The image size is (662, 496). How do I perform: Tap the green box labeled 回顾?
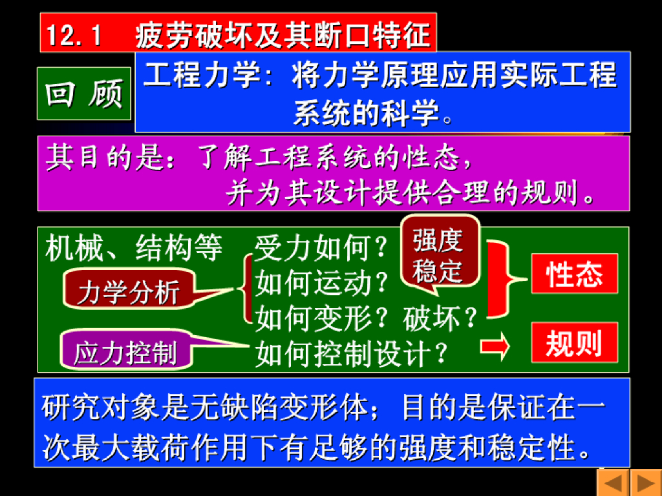(x=84, y=93)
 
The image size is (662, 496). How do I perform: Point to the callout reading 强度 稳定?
(x=440, y=254)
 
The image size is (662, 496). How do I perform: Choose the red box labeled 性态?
(x=574, y=274)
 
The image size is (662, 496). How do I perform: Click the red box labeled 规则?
(x=574, y=342)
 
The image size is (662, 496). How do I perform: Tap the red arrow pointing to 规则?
(x=495, y=346)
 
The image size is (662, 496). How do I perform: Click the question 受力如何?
(x=321, y=247)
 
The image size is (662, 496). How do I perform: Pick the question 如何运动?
(x=321, y=283)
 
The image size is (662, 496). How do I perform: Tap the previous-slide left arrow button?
(x=613, y=482)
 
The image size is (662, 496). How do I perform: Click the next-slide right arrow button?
(x=646, y=482)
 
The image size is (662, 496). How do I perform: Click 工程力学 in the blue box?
(x=202, y=74)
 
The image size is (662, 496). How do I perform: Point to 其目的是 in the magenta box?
(x=105, y=158)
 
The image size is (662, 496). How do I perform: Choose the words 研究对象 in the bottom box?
(x=100, y=408)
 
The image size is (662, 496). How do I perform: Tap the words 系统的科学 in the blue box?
(x=366, y=113)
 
